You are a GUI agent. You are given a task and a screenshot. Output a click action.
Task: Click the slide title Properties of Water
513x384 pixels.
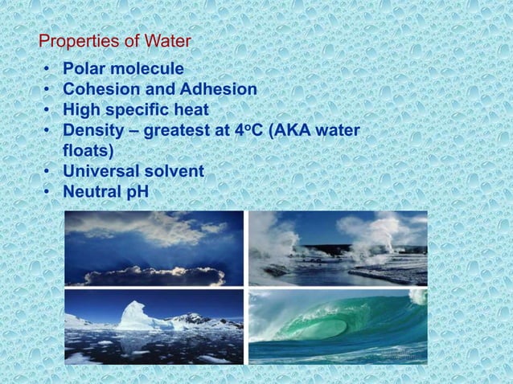point(115,41)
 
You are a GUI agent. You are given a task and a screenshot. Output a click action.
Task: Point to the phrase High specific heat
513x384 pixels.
point(135,109)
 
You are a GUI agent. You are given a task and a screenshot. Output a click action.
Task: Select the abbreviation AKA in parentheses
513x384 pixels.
point(296,130)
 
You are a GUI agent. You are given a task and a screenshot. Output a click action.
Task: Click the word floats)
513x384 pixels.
point(88,150)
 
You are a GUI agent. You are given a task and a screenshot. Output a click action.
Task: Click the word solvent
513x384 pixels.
point(174,171)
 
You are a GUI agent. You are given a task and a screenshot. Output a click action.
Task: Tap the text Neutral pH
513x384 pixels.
point(105,191)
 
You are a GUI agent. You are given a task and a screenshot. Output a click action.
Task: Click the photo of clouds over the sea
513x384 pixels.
point(154,248)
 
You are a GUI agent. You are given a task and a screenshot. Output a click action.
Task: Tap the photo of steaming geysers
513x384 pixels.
point(338,248)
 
